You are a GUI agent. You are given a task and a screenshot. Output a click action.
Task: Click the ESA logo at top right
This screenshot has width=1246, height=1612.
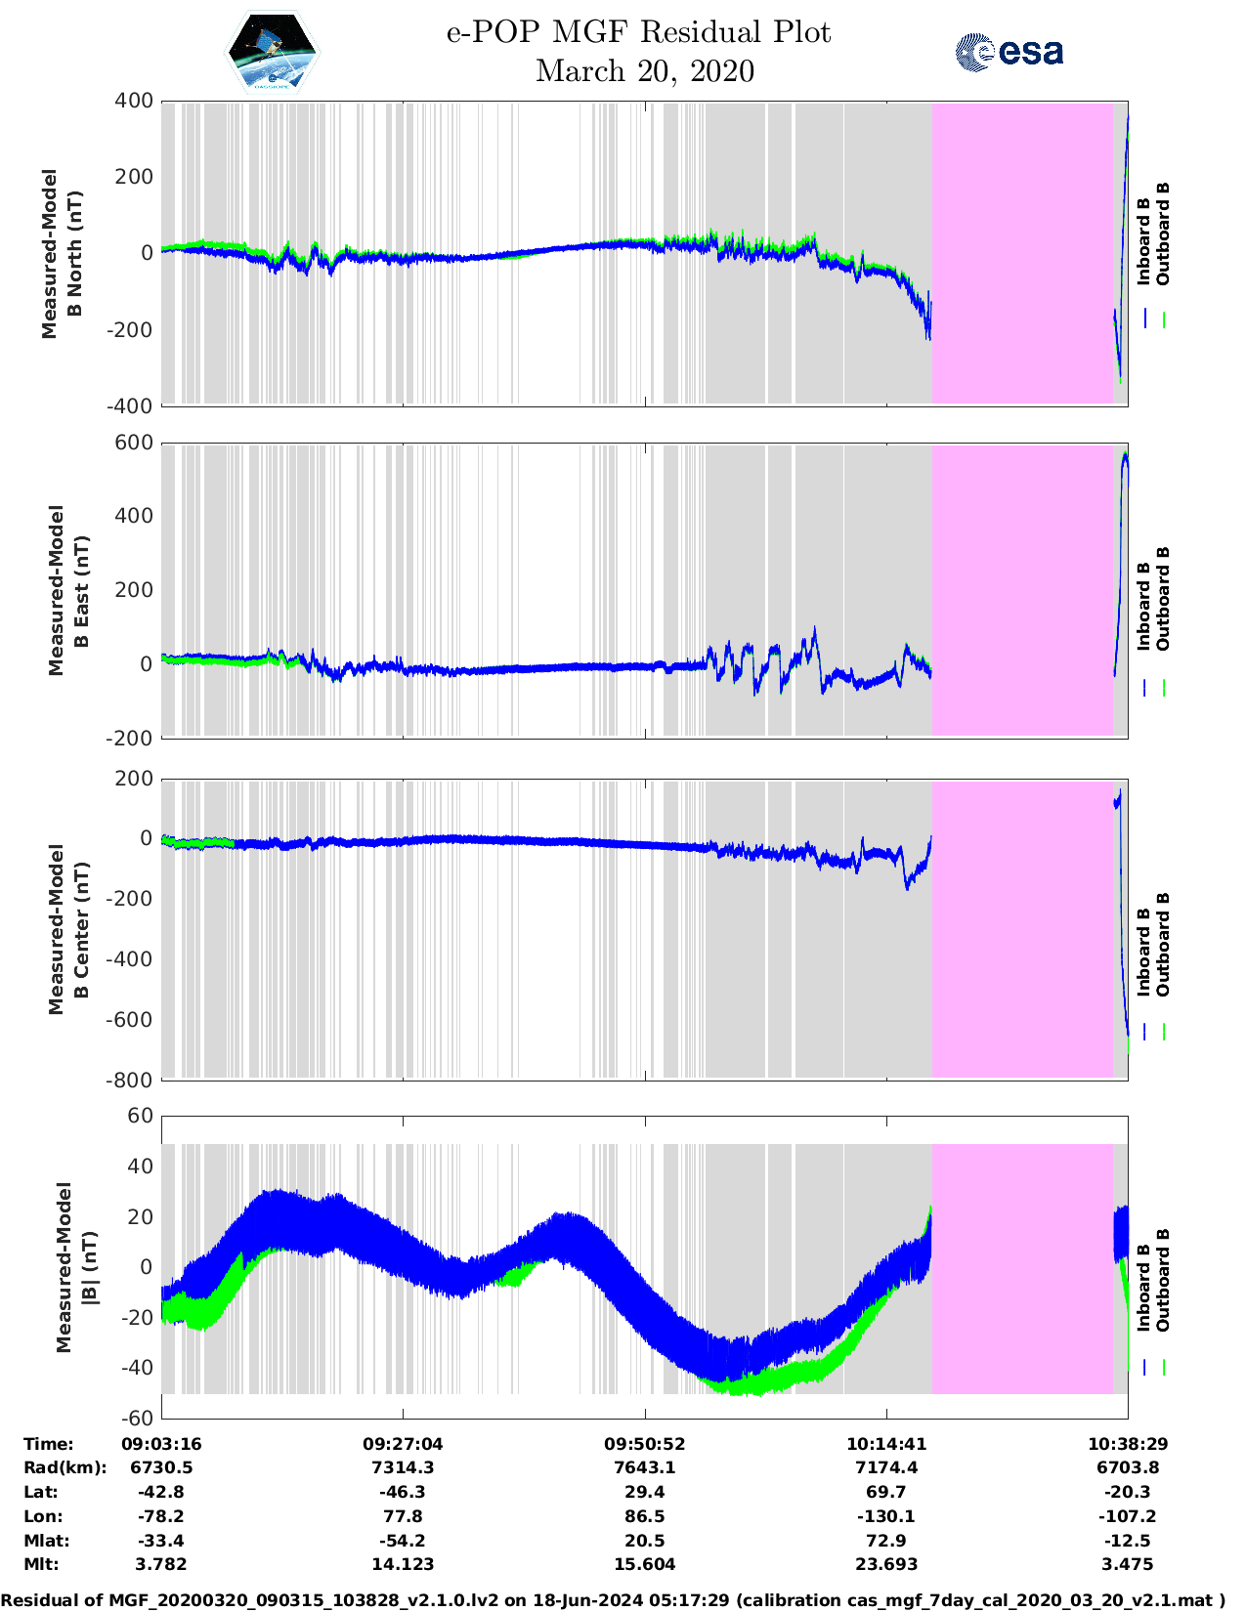[x=1009, y=52]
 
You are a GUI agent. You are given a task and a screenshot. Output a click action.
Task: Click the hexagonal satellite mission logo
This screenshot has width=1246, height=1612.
[x=272, y=52]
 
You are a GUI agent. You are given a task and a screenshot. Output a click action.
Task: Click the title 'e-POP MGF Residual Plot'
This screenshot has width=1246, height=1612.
[x=638, y=32]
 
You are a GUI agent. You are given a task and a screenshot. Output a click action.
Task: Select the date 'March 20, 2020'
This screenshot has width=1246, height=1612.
[x=645, y=71]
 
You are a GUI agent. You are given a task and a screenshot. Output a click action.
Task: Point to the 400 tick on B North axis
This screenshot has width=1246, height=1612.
[x=134, y=101]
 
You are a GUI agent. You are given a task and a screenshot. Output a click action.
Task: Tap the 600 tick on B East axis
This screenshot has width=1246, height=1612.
[x=134, y=443]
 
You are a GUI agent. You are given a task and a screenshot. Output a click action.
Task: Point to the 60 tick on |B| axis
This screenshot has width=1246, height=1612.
[x=141, y=1116]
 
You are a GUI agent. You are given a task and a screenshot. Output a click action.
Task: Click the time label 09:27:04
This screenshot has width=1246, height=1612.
[x=403, y=1444]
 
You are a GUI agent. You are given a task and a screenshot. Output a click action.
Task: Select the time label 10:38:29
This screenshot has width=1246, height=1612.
[x=1128, y=1444]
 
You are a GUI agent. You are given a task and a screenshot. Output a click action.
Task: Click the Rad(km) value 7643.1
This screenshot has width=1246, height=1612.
[x=645, y=1467]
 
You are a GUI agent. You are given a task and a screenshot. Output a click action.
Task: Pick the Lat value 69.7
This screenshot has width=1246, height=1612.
[x=886, y=1492]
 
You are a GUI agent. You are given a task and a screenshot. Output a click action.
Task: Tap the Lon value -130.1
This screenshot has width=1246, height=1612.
[x=886, y=1516]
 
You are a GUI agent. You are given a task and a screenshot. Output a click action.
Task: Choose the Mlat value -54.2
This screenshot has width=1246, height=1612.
[x=403, y=1541]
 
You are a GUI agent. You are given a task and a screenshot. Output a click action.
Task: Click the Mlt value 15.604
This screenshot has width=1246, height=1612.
[x=645, y=1564]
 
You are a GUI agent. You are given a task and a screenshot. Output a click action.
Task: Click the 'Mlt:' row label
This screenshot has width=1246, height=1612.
[x=41, y=1564]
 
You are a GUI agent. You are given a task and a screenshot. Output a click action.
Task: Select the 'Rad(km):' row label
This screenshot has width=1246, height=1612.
[x=64, y=1467]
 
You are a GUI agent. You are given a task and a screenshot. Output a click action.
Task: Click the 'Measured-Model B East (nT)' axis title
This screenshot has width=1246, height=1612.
[x=68, y=590]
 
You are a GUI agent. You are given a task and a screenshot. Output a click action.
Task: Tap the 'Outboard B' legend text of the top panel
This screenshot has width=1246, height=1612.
[x=1163, y=233]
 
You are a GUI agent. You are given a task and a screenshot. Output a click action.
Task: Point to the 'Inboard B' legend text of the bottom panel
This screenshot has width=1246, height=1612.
[x=1143, y=1287]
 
